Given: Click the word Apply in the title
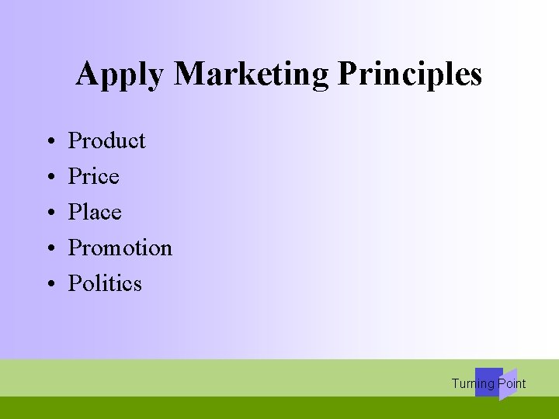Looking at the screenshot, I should pyautogui.click(x=121, y=75).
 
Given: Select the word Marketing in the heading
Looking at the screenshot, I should pyautogui.click(x=252, y=75).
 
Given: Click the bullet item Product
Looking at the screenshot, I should pyautogui.click(x=106, y=140).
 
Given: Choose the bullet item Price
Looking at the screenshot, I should pyautogui.click(x=93, y=176).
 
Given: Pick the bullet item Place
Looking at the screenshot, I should pyautogui.click(x=95, y=212).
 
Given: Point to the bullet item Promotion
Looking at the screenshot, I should pyautogui.click(x=120, y=248).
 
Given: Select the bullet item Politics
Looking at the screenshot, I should pyautogui.click(x=105, y=283).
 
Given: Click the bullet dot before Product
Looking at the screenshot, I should pyautogui.click(x=49, y=142).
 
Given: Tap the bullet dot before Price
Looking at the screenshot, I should pyautogui.click(x=49, y=178).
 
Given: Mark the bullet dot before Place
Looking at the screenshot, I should pyautogui.click(x=49, y=213).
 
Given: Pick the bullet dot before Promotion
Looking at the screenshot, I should pyautogui.click(x=49, y=249).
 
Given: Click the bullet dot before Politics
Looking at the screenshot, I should pyautogui.click(x=49, y=285).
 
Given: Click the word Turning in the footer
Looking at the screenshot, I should pyautogui.click(x=473, y=384).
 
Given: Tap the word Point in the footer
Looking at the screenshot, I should pyautogui.click(x=512, y=383).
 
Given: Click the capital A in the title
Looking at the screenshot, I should pyautogui.click(x=87, y=74).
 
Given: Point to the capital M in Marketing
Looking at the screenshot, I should pyautogui.click(x=190, y=74).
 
